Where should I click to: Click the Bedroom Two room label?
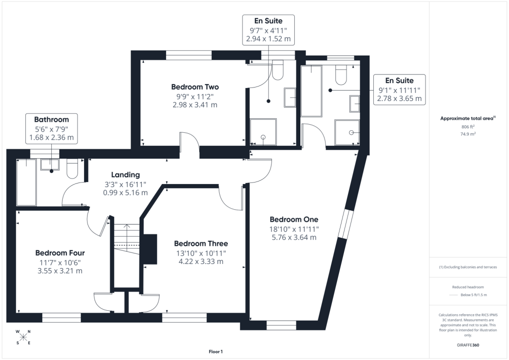pos(195,87)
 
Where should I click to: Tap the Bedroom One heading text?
pos(294,219)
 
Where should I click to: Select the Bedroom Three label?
pos(201,244)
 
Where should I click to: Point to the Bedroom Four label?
pos(60,253)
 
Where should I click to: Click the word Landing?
pos(125,175)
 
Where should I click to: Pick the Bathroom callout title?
pos(51,119)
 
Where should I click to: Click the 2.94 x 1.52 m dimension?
pos(268,39)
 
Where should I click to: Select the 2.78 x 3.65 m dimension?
pos(399,98)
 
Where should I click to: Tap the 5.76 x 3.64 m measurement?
pos(294,237)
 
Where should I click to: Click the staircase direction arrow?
pos(127,234)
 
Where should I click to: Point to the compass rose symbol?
pos(23,337)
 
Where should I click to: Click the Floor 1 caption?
pos(216,352)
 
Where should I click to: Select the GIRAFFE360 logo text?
pos(468,345)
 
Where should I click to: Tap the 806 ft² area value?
pos(468,127)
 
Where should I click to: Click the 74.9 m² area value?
pos(468,134)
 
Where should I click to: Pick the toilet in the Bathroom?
pos(72,169)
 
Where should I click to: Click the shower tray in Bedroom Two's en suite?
pos(263,132)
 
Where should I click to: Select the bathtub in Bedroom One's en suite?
pos(311,91)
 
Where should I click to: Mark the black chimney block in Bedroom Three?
pos(150,249)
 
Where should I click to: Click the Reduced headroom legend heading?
pos(468,287)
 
